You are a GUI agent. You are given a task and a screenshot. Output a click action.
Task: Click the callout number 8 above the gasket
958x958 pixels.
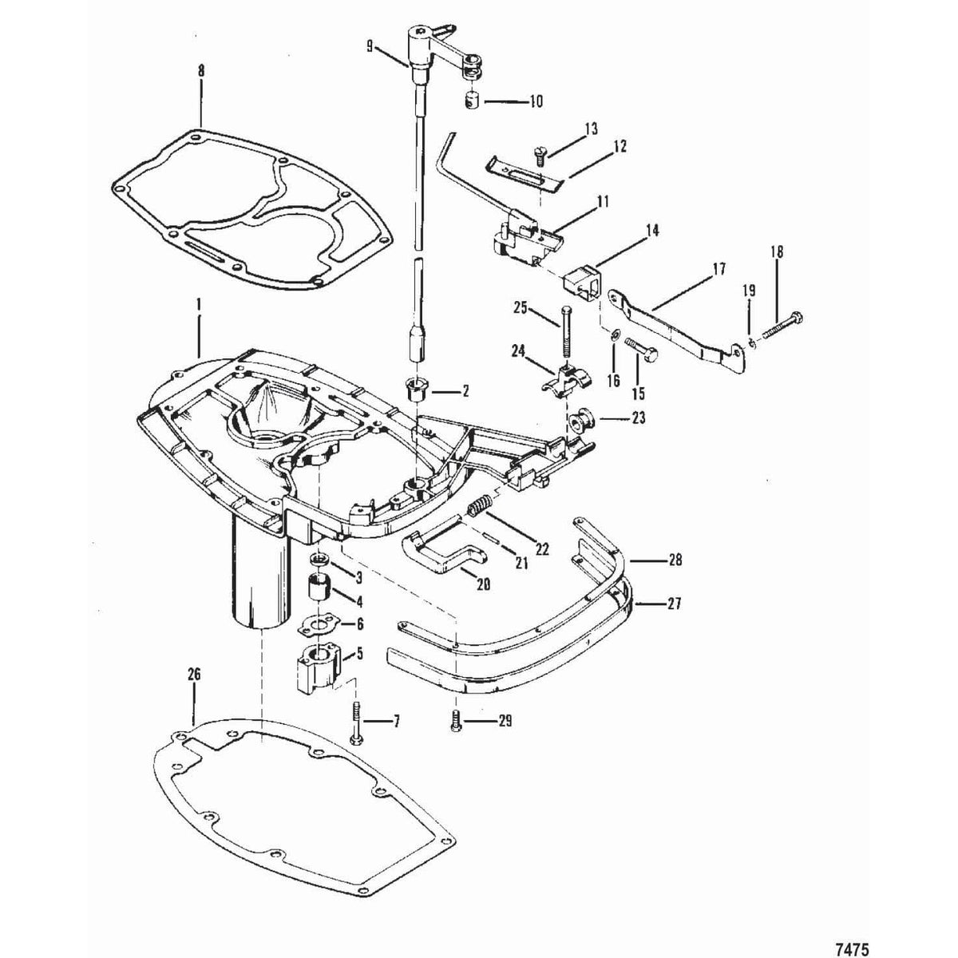[x=200, y=71]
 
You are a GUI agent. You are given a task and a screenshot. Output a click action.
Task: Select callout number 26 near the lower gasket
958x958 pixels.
[x=194, y=675]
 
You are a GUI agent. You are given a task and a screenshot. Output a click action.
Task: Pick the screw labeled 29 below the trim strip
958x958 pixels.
[x=455, y=721]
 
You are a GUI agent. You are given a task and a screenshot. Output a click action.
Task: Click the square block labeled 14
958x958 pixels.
[x=580, y=284]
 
